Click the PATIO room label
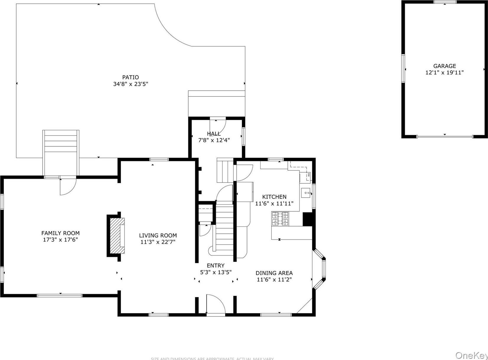pyautogui.click(x=131, y=77)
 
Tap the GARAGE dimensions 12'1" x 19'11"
pyautogui.click(x=444, y=73)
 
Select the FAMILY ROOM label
pyautogui.click(x=60, y=233)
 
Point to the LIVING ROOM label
pyautogui.click(x=158, y=235)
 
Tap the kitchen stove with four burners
pyautogui.click(x=280, y=219)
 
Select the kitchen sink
pyautogui.click(x=306, y=193)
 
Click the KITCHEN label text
pyautogui.click(x=274, y=197)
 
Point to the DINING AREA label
pyautogui.click(x=274, y=273)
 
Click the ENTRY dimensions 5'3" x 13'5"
pyautogui.click(x=216, y=272)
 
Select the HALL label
pyautogui.click(x=214, y=134)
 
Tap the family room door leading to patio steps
pyautogui.click(x=68, y=186)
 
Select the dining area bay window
pyautogui.click(x=320, y=269)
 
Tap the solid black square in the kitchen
pyautogui.click(x=308, y=219)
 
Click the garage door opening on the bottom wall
pyautogui.click(x=445, y=136)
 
